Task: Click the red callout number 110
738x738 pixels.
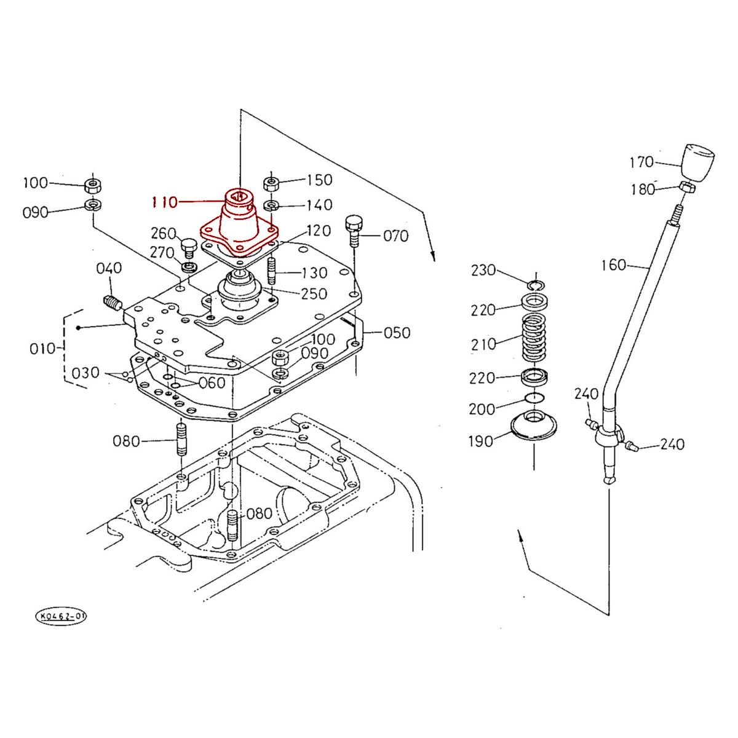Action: (164, 201)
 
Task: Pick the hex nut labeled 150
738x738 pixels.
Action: (271, 183)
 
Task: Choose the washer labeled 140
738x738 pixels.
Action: (271, 205)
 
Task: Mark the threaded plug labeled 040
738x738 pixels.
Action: (111, 303)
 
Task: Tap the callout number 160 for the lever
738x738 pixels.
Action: (613, 265)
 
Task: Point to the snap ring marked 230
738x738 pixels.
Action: (536, 284)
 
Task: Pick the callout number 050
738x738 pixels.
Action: (397, 333)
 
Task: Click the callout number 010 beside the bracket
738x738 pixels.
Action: (42, 349)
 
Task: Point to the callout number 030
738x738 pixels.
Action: (85, 373)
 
